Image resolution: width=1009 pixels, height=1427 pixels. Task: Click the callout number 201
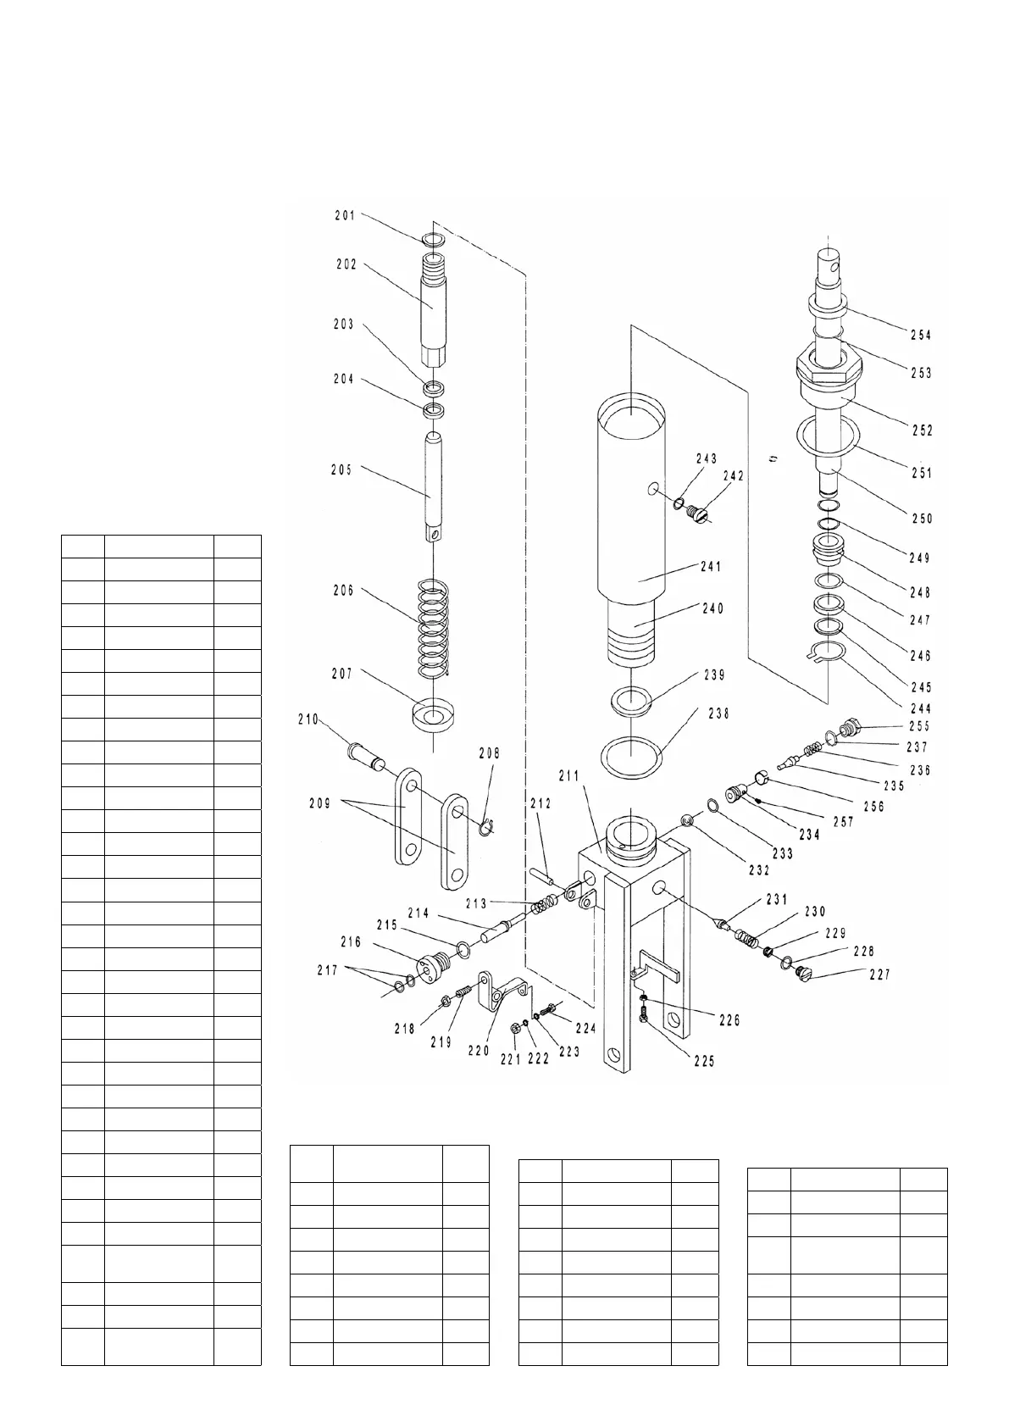click(x=344, y=215)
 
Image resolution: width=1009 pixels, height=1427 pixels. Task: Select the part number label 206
click(x=343, y=591)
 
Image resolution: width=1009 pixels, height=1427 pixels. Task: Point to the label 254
click(x=921, y=335)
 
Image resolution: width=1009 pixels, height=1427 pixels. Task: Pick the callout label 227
click(x=879, y=974)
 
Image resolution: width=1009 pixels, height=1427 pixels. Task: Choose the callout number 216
click(x=351, y=941)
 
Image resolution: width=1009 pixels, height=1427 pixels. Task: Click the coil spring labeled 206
click(x=433, y=627)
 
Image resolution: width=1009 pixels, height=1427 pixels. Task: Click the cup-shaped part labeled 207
click(x=433, y=713)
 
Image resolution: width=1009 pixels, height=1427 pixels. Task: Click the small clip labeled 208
click(x=485, y=828)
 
